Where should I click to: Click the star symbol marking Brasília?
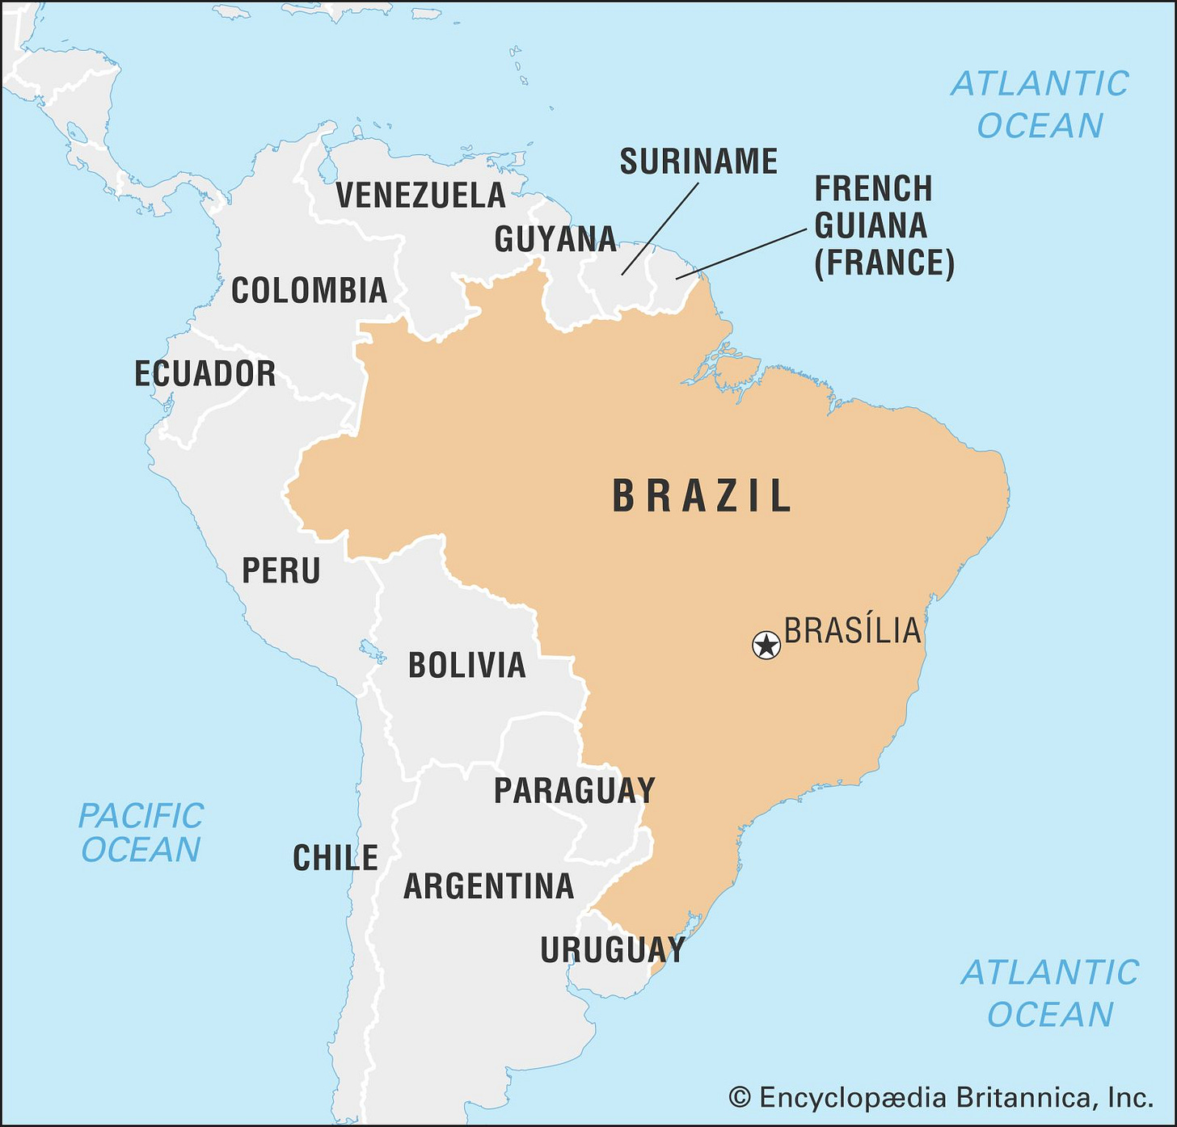(766, 646)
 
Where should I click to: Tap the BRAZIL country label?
(702, 496)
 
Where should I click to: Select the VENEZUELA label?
(420, 196)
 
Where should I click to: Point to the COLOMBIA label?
(309, 291)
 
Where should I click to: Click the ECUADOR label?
(205, 374)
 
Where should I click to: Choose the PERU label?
(281, 571)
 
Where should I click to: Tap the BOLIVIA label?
(467, 666)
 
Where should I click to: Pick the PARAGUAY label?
(574, 791)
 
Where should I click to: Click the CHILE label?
(335, 858)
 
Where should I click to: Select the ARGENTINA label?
(488, 887)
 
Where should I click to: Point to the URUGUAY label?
(613, 950)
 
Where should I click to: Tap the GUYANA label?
(555, 239)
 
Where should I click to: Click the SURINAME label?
(698, 162)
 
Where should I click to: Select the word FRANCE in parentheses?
(884, 263)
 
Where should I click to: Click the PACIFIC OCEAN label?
(141, 833)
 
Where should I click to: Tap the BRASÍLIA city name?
(853, 631)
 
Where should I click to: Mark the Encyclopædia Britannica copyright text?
(941, 1098)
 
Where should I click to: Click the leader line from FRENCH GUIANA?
(741, 254)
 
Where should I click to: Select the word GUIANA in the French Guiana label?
(871, 226)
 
